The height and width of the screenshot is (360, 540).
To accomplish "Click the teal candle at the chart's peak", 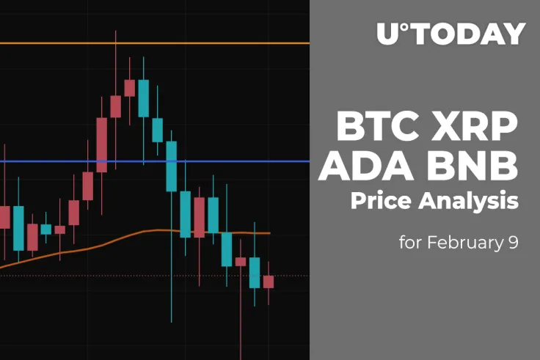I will pyautogui.click(x=143, y=98).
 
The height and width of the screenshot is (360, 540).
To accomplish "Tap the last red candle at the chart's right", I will pyautogui.click(x=268, y=282).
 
